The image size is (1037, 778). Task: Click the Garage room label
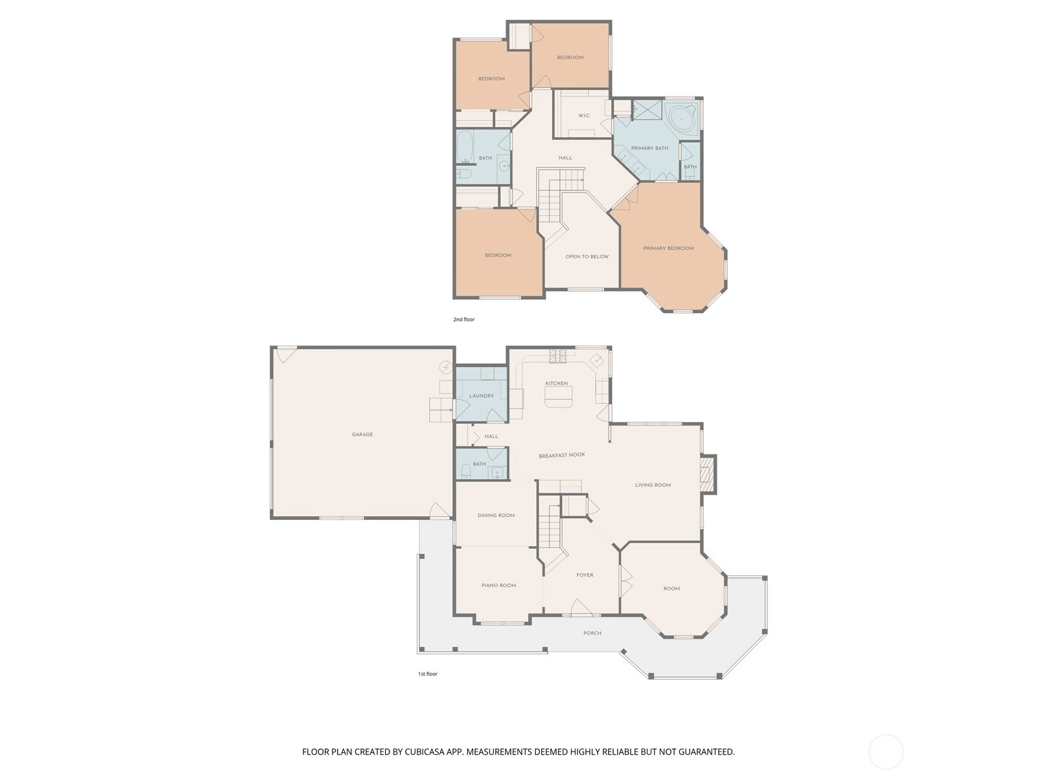click(x=362, y=434)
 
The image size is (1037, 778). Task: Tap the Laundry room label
click(x=482, y=396)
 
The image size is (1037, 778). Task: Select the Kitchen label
click(x=557, y=383)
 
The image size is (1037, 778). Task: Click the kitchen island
click(x=559, y=397)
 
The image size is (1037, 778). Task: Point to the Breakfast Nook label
click(x=562, y=455)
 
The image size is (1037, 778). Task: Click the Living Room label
click(x=653, y=485)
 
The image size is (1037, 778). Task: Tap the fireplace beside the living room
click(x=708, y=475)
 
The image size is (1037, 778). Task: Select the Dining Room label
click(x=496, y=515)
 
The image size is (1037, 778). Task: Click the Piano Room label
click(x=498, y=585)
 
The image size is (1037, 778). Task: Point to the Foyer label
click(x=585, y=575)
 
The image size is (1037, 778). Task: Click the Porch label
click(x=592, y=633)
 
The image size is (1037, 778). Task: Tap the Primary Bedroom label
click(x=668, y=248)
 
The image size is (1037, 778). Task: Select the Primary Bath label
click(x=649, y=148)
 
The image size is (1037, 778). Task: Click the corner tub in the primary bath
click(x=681, y=119)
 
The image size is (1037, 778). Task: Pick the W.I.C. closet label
click(x=585, y=115)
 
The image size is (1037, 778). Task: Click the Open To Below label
click(x=587, y=257)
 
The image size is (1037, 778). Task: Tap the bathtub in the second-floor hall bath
click(x=465, y=147)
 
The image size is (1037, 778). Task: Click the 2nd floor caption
click(x=464, y=320)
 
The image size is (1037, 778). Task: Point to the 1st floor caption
click(x=428, y=674)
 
